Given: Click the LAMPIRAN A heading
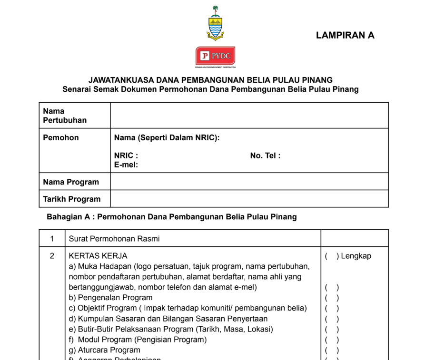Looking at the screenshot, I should point(345,35).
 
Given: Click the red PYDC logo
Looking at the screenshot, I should point(215,57).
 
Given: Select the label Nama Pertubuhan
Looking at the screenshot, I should point(65,116).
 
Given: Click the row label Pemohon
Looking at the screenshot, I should point(61,138).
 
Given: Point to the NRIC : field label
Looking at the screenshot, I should point(126,156).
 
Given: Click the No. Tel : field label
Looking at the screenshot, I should point(265,156).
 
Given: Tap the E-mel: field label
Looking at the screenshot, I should point(126,165).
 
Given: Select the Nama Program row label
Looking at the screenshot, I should point(71,182).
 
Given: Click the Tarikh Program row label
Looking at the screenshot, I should point(72,199).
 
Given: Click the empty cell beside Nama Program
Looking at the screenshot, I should point(249,182).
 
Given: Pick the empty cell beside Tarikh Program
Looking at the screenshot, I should point(249,199).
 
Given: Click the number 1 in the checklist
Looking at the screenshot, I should point(52,239).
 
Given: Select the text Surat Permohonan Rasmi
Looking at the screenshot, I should point(114,239).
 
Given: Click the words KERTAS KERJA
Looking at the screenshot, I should point(98,256).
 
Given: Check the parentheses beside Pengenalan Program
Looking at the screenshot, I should point(332,298).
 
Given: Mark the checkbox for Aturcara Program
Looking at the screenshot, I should point(332,350).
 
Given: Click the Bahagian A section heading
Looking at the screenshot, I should point(171,217).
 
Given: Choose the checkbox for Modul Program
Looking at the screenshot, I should point(332,340).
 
